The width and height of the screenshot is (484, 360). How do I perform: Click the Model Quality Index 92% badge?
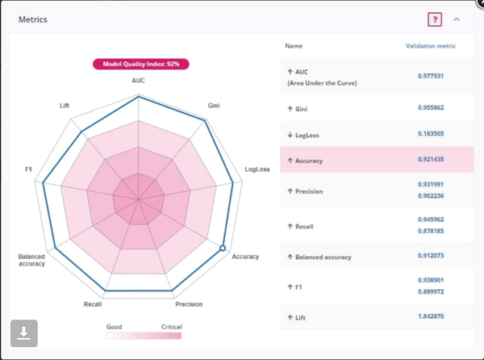140,64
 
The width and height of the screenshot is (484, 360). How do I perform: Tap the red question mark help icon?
435,19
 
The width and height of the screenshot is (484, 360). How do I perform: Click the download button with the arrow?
24,333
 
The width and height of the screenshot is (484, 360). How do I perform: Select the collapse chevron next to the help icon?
457,19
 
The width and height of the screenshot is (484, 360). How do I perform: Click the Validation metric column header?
430,46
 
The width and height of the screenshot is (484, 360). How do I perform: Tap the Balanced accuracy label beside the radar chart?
32,260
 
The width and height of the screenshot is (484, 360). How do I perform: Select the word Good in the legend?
115,327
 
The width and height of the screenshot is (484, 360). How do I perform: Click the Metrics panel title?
33,19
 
